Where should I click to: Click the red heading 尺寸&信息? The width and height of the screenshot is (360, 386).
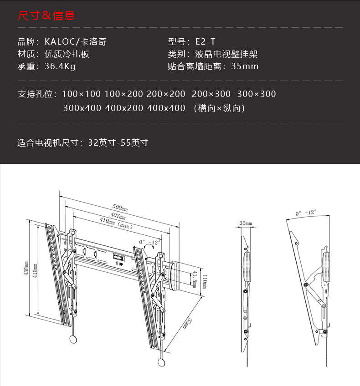tap(46, 16)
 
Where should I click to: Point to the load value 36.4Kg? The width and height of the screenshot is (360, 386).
tap(60, 66)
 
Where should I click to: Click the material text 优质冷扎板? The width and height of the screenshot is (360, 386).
tap(67, 54)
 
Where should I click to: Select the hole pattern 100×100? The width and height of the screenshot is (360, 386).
tap(81, 94)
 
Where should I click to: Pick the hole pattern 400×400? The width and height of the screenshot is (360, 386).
tap(166, 108)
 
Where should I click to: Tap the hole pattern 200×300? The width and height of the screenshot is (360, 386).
tap(211, 94)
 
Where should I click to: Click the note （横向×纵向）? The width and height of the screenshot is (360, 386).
tap(219, 108)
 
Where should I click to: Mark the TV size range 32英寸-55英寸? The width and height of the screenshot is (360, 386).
tap(118, 142)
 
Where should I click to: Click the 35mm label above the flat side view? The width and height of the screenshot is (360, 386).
tap(245, 223)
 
